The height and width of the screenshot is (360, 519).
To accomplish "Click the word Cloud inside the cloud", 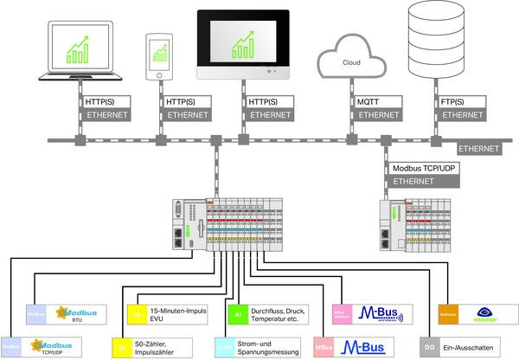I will [x=352, y=63].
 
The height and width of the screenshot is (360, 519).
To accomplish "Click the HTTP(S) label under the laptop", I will [x=103, y=101].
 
